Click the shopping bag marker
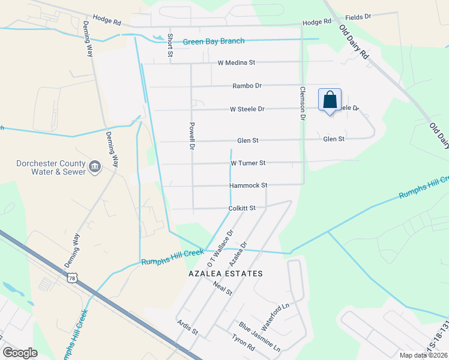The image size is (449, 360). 330,101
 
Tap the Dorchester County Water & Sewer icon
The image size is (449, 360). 95,166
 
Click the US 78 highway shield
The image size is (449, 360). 73,278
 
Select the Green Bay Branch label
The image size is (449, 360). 214,41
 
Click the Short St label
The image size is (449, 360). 170,45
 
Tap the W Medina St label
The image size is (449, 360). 237,62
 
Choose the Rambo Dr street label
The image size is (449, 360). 247,86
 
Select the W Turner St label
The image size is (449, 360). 248,163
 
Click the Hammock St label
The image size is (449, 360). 248,185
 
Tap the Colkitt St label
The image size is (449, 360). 242,208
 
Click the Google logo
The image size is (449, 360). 20,353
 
